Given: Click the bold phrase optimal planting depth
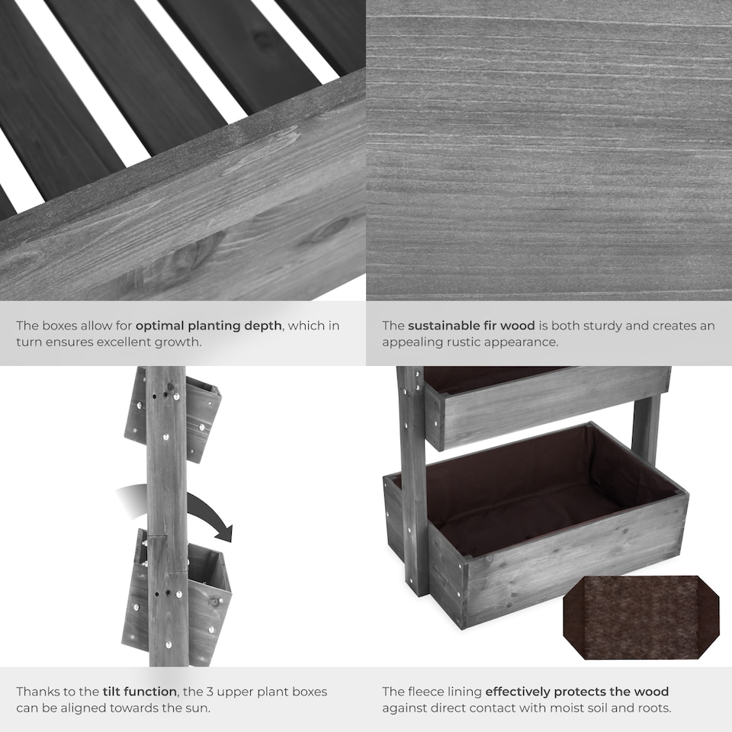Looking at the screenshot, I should click(209, 326).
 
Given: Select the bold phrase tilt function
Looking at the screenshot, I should click(139, 692).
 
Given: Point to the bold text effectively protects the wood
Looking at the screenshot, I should click(576, 692).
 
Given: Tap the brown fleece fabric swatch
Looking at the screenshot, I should click(640, 617).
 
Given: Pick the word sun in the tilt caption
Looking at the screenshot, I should click(196, 708).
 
